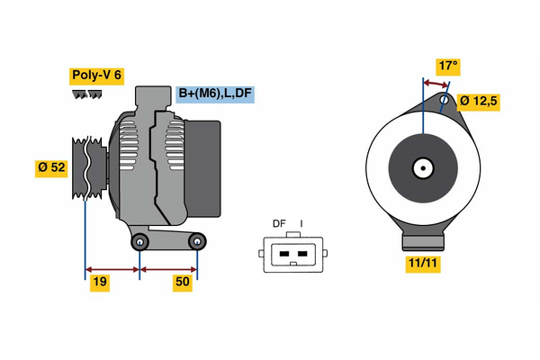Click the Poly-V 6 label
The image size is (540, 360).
point(95,76)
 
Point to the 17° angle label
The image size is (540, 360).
point(448,66)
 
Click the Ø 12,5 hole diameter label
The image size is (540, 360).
point(479,101)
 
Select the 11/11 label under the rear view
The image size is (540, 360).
point(421,264)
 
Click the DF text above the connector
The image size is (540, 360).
point(279,224)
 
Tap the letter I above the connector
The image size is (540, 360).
point(301,224)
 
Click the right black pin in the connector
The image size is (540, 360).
point(301,254)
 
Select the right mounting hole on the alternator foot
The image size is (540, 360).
point(198,241)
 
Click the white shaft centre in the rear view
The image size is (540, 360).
point(421,167)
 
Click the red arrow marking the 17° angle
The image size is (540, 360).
point(436,84)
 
